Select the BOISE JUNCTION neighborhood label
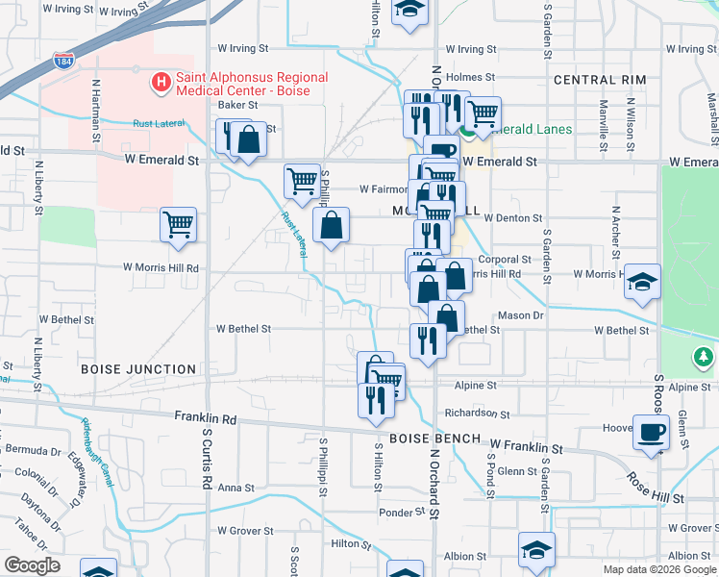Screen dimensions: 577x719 [138, 369]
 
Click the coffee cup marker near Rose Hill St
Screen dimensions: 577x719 [651, 433]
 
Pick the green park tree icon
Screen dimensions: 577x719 [704, 358]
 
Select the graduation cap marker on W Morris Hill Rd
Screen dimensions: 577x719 [642, 283]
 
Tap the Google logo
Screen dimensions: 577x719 [31, 565]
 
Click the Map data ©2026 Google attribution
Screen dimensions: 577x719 [658, 569]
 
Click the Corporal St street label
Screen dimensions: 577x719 [505, 260]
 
